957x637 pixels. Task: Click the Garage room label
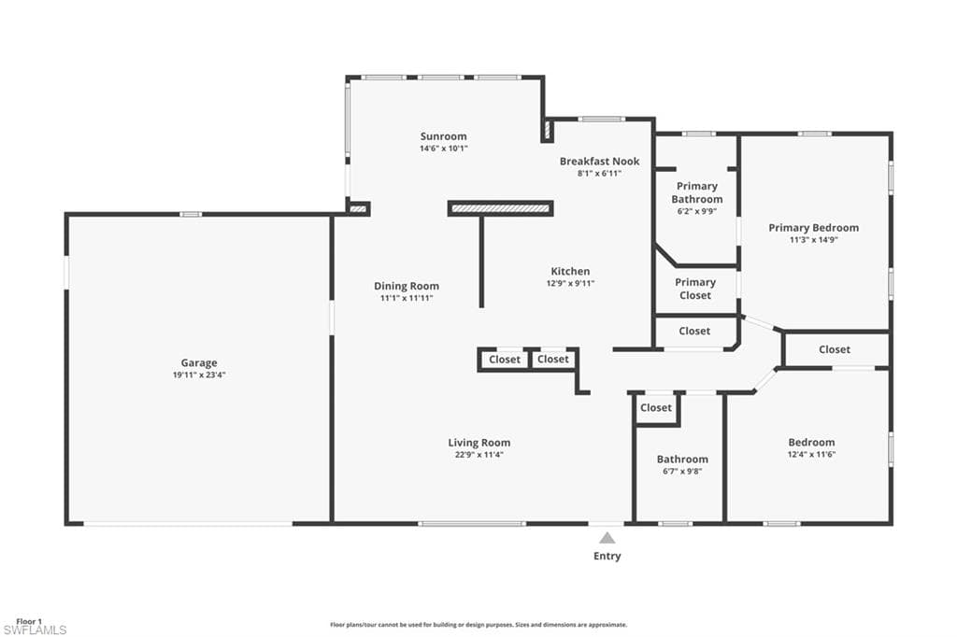tap(199, 363)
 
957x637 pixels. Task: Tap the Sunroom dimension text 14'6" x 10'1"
tap(443, 149)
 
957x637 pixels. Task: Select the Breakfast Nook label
tap(599, 162)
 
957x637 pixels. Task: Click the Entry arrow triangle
tap(607, 538)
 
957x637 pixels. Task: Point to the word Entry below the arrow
tap(607, 556)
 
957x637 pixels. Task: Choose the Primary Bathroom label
tap(696, 192)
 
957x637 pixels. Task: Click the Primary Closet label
tap(695, 289)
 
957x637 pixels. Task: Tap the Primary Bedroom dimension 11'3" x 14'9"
tap(813, 240)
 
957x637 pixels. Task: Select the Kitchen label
tap(570, 272)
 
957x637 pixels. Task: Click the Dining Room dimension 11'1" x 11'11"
tap(407, 298)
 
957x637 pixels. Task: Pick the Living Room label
tap(478, 443)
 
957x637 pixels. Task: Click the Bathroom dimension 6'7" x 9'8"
tap(681, 471)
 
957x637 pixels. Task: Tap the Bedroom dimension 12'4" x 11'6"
tap(811, 454)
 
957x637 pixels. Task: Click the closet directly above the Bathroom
tap(656, 408)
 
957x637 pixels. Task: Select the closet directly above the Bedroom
tap(835, 349)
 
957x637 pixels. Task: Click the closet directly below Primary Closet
tap(694, 331)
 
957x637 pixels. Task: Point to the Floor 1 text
tap(28, 621)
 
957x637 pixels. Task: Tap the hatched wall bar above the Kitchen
tap(500, 208)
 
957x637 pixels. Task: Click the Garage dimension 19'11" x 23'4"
tap(199, 375)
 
